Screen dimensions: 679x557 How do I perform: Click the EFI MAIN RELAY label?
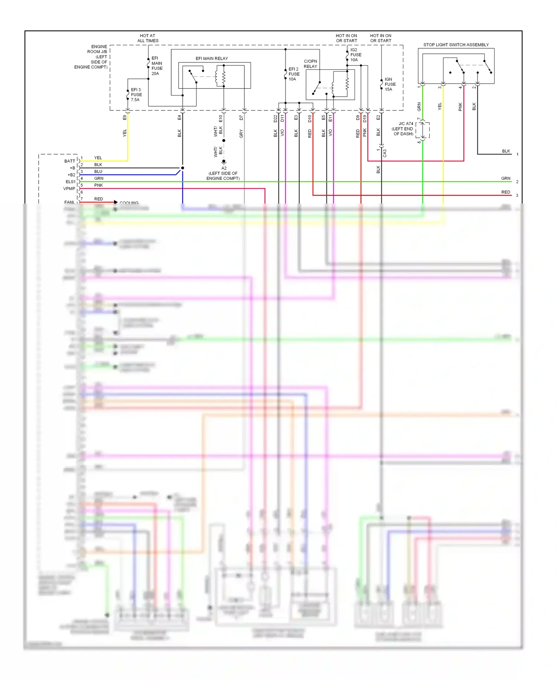(212, 58)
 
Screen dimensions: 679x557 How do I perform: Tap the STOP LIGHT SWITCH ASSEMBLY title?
(456, 45)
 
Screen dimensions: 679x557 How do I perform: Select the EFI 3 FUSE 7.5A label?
(136, 95)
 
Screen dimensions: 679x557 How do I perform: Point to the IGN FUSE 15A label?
(390, 84)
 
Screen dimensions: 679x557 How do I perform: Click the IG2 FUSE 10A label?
(355, 55)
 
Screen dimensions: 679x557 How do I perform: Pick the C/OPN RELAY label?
(310, 64)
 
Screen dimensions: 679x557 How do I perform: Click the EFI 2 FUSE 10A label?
(294, 74)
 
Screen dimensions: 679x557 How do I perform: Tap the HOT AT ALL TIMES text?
(148, 38)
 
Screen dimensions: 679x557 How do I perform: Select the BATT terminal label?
(69, 161)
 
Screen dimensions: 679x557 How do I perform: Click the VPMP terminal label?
(69, 188)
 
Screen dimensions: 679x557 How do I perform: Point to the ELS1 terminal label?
(70, 182)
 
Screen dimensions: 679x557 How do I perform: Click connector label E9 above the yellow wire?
(125, 117)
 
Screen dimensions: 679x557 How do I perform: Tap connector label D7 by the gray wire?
(241, 117)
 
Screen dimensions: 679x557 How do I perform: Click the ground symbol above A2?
(224, 162)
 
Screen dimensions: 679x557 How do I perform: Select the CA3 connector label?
(385, 153)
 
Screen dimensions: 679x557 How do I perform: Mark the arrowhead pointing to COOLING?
(116, 202)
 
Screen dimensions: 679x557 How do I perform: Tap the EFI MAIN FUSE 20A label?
(157, 66)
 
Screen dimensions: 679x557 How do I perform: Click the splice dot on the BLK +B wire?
(182, 168)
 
